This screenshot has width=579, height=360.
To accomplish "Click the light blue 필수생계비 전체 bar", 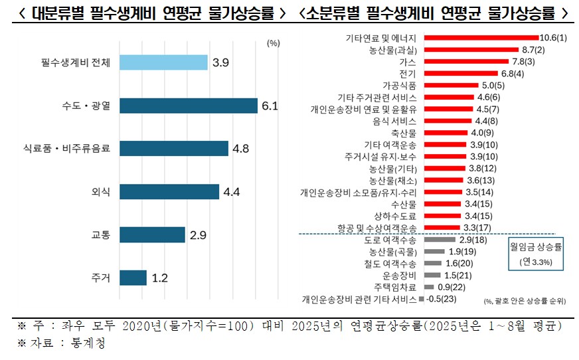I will (x=163, y=63).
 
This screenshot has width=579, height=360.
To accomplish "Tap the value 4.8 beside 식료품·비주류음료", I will (x=240, y=149).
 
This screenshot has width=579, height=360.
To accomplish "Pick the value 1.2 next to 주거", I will (x=159, y=278).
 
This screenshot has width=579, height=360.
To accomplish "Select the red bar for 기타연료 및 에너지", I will (x=481, y=38).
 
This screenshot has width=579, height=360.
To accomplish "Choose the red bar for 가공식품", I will (x=450, y=86).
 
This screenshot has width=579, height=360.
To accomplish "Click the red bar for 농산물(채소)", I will (x=442, y=180).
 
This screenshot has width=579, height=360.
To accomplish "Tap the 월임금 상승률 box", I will (x=535, y=254).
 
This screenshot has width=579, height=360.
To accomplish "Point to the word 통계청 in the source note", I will (x=90, y=343).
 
